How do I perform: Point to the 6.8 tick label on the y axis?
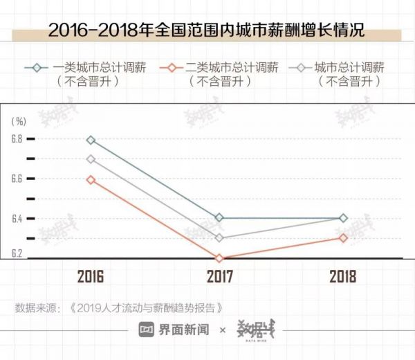pyautogui.click(x=17, y=139)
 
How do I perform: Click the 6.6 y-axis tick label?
pyautogui.click(x=17, y=179)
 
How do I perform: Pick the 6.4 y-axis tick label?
pyautogui.click(x=17, y=219)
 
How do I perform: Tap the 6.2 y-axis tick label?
pyautogui.click(x=17, y=254)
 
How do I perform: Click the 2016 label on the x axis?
pyautogui.click(x=91, y=277)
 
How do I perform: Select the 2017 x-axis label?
pyautogui.click(x=219, y=277)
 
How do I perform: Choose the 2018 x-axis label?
pyautogui.click(x=343, y=277)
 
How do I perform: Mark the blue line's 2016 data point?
pyautogui.click(x=91, y=140)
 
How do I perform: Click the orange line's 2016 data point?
pyautogui.click(x=91, y=179)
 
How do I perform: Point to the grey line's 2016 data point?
pyautogui.click(x=91, y=159)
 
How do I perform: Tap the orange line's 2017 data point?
pyautogui.click(x=219, y=258)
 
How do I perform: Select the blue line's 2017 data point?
pyautogui.click(x=219, y=217)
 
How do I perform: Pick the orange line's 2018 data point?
pyautogui.click(x=343, y=238)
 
